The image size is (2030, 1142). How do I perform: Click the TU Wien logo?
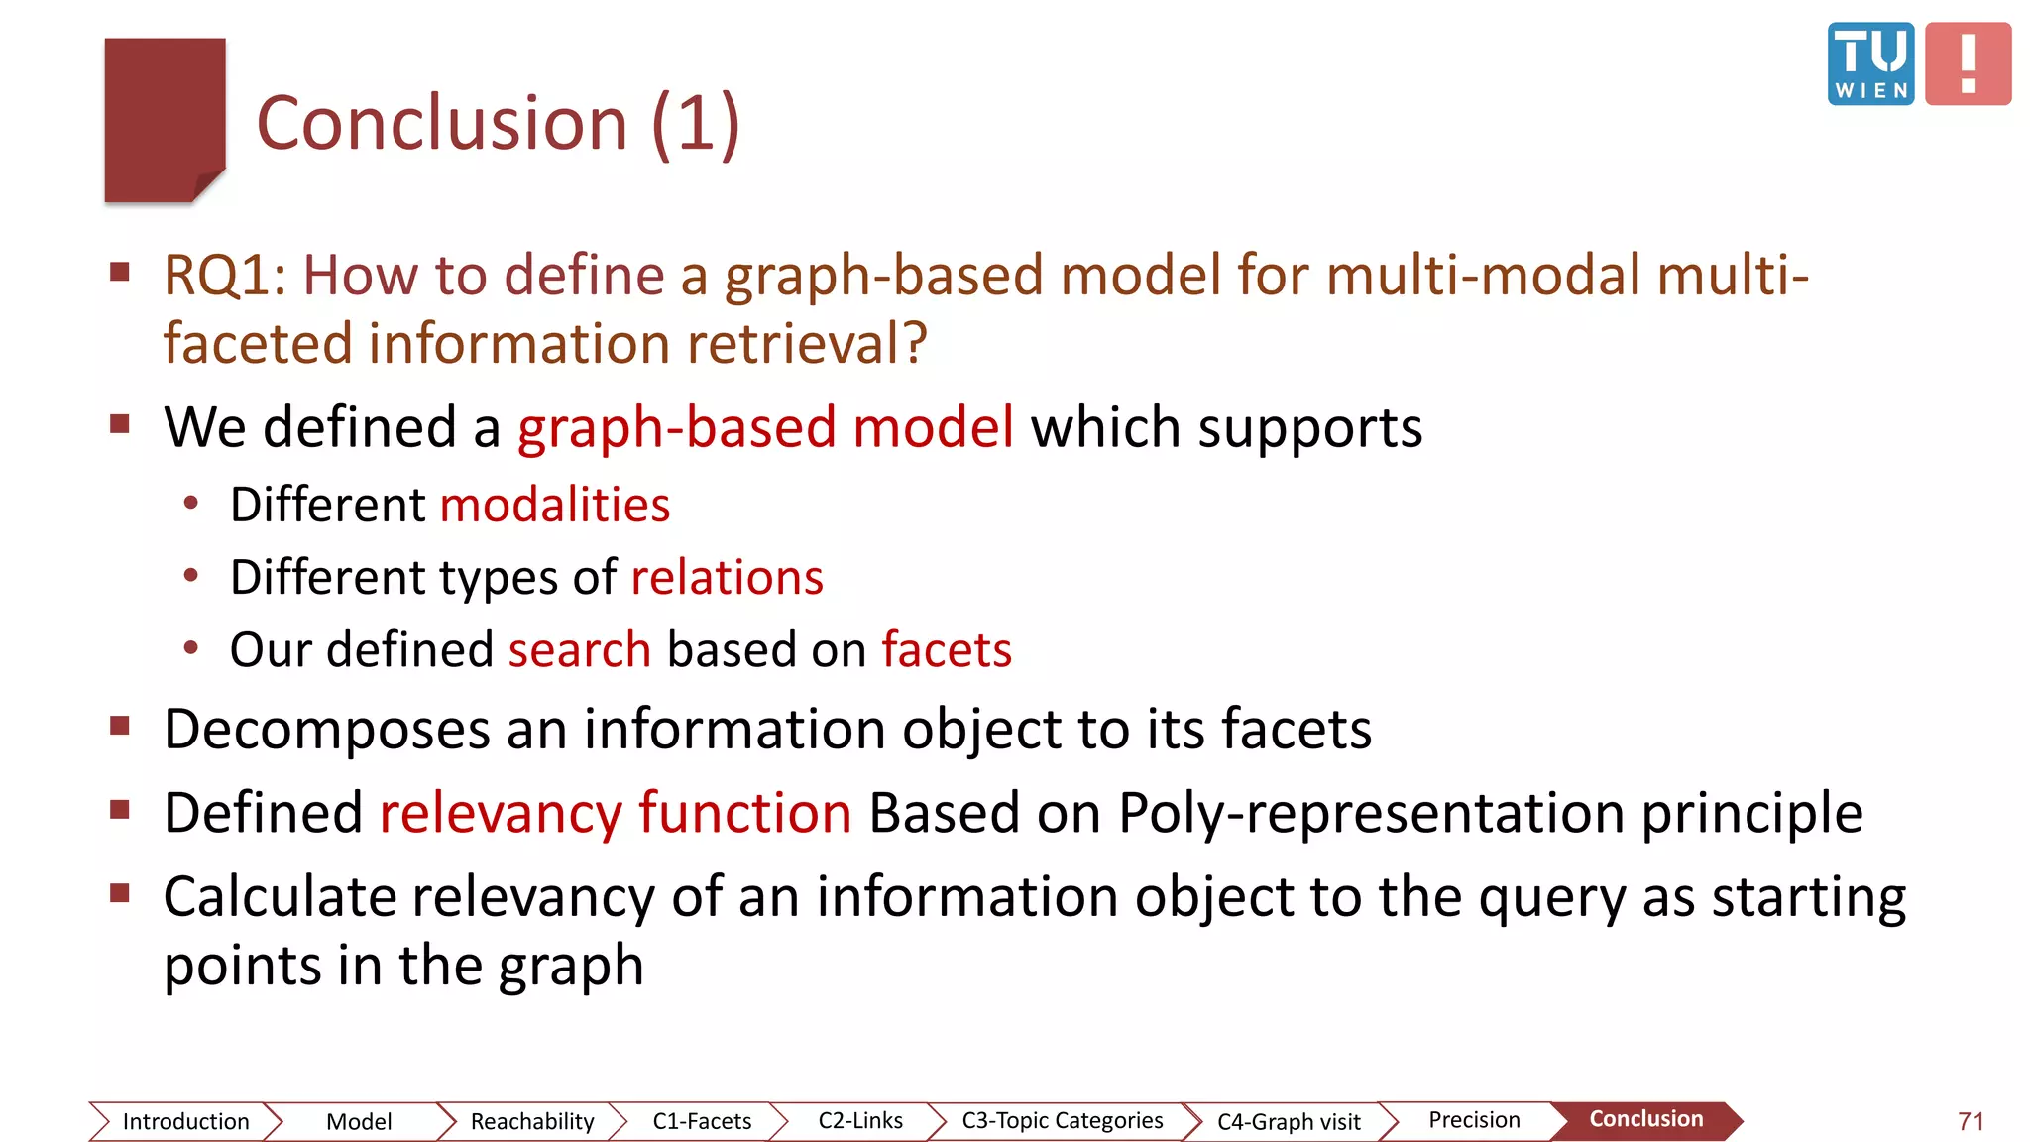coord(1870,63)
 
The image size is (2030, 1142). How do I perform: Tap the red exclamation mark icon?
coord(1968,63)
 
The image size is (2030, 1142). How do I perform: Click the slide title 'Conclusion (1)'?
coord(498,123)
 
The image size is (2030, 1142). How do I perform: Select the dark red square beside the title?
coord(165,119)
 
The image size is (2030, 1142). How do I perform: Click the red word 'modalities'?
coord(555,505)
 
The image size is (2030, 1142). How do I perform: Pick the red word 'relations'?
coord(727,577)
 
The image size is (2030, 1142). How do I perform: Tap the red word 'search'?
coord(580,650)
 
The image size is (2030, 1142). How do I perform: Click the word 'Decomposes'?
coord(327,730)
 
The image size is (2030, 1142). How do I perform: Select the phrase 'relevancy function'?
coord(616,813)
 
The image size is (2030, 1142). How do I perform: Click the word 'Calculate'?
coord(280,897)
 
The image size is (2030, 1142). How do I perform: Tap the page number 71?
coord(1971,1121)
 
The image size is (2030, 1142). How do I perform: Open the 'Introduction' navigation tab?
coord(185,1121)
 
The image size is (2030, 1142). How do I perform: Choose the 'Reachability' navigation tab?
coord(532,1121)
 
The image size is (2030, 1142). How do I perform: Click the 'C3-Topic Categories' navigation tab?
coord(1062,1120)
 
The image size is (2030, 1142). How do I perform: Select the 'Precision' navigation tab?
coord(1474,1120)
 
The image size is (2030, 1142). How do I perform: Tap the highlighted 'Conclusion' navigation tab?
coord(1645,1119)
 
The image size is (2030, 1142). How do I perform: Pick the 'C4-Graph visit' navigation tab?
coord(1289,1121)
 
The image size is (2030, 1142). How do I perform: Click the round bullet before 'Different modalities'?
coord(191,504)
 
